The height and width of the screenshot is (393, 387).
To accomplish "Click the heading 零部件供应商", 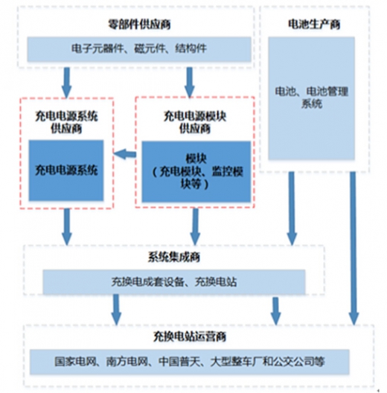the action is point(139,25).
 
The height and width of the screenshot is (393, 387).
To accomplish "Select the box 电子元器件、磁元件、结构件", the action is point(139,49).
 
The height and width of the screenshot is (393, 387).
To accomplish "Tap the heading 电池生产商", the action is point(314,25).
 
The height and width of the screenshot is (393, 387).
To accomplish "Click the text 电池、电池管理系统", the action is point(312,98).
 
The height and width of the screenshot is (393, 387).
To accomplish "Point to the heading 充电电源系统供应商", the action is point(66,122).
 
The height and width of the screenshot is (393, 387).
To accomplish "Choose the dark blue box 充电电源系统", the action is point(66,170).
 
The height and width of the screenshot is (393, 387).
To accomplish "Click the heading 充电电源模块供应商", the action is point(195,122).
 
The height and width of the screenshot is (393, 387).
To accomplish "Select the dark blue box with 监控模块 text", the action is point(196,171).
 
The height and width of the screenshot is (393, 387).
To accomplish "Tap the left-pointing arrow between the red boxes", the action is point(125,154).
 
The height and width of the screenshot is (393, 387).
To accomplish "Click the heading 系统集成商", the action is point(174,257).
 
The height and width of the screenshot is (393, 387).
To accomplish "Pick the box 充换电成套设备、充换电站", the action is point(174,282).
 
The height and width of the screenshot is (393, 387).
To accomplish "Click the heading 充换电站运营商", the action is point(190,336).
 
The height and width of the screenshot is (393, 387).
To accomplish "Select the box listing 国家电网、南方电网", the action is point(190,362).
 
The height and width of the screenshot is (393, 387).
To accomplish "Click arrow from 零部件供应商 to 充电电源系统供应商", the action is point(67,83).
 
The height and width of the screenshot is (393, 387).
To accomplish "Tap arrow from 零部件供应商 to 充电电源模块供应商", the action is point(190,83).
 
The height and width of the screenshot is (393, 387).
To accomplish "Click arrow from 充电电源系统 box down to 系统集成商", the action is point(67,226).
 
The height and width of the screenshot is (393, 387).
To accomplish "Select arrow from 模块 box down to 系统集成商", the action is point(195,226).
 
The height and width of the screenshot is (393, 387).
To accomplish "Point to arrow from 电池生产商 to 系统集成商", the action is point(292,208).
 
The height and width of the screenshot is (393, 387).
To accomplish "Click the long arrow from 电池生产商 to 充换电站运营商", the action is point(354,248).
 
